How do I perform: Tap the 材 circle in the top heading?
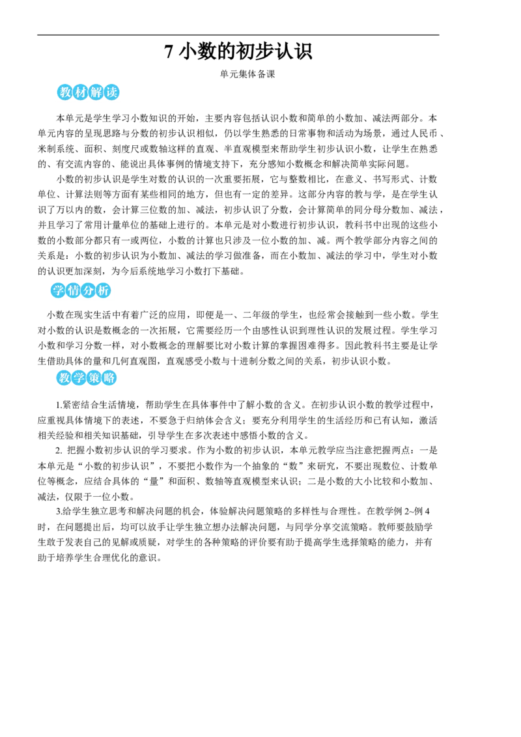(x=79, y=93)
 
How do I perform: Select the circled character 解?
(x=96, y=93)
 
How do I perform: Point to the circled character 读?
(x=112, y=93)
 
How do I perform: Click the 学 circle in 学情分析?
(x=57, y=291)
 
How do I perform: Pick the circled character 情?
(x=73, y=291)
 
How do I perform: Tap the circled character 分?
(x=89, y=291)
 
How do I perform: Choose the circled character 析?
(x=104, y=291)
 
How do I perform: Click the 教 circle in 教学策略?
(x=63, y=378)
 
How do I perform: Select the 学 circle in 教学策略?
(x=78, y=378)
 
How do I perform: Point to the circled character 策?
(x=94, y=378)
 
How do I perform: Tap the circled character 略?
(x=110, y=378)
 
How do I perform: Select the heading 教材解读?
(x=88, y=93)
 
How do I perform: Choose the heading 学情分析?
(x=81, y=291)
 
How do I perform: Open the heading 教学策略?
(x=86, y=378)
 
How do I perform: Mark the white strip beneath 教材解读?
(x=88, y=102)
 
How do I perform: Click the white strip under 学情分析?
(x=81, y=300)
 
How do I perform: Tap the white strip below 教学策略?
(x=86, y=389)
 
